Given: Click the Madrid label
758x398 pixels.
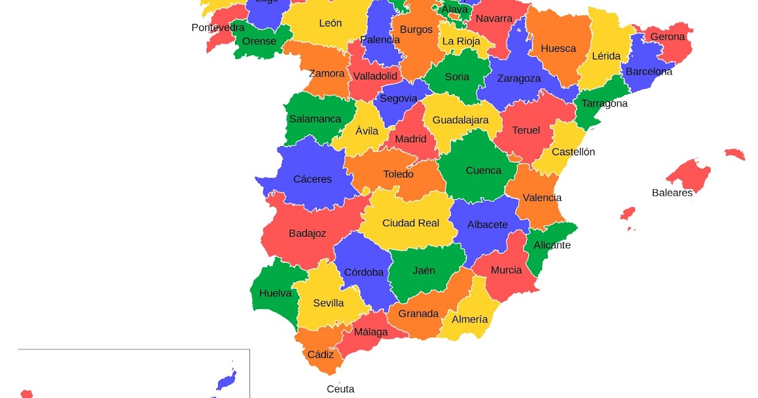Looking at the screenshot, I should tap(411, 139).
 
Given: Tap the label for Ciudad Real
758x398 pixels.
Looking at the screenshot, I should tap(411, 223).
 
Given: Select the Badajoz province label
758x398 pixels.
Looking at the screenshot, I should tap(308, 234).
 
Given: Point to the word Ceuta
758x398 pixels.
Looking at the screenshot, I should tap(340, 389).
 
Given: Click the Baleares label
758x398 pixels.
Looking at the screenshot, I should tap(672, 193).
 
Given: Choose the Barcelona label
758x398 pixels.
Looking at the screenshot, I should tap(649, 71).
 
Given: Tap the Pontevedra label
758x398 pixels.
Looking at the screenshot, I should tap(218, 28).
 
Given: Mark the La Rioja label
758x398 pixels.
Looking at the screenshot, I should tap(461, 41).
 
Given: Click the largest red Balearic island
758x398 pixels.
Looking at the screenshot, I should tap(689, 173).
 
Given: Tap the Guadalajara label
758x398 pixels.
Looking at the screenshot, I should tap(460, 120).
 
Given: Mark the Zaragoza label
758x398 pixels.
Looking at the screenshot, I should tap(519, 78).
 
